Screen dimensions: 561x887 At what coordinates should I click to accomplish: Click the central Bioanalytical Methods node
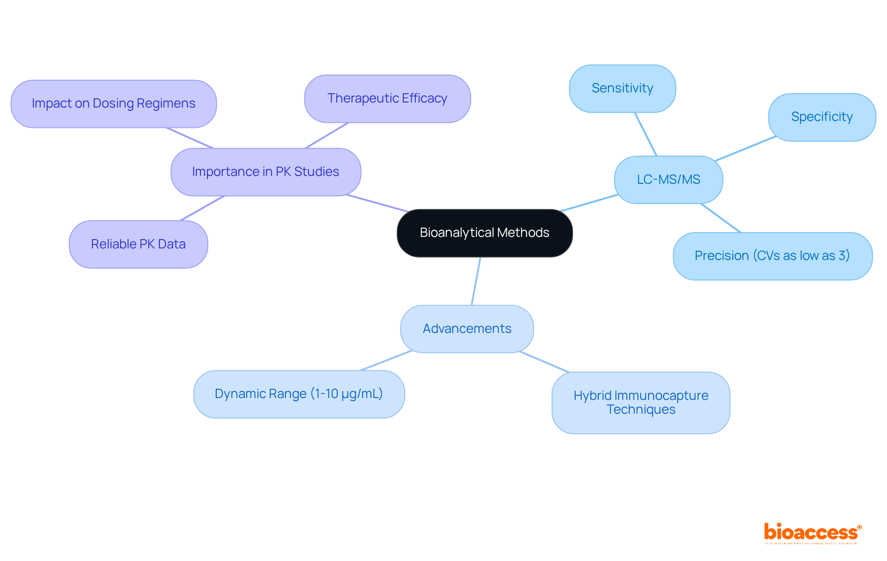click(485, 233)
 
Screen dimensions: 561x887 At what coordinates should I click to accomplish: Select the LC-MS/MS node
click(668, 180)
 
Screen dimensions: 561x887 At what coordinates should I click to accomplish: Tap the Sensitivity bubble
click(622, 88)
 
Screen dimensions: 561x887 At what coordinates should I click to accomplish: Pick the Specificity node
click(822, 117)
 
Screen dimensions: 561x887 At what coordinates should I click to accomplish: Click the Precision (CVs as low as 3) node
click(772, 256)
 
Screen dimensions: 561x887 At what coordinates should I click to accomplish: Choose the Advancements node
click(467, 329)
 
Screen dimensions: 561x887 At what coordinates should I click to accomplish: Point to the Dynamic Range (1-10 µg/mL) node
click(299, 394)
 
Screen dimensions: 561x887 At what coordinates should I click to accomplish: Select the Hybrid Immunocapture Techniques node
click(641, 403)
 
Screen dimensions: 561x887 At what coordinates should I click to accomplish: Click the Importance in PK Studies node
click(266, 172)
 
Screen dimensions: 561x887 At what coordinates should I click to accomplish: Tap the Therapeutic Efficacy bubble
click(387, 98)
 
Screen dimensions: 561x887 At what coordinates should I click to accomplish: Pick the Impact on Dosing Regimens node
click(114, 103)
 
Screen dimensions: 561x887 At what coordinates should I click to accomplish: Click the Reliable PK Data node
click(138, 244)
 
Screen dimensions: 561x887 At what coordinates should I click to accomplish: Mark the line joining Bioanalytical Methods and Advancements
click(476, 281)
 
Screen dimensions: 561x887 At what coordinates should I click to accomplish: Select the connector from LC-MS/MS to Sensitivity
click(645, 134)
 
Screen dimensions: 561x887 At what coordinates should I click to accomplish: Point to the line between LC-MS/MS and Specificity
click(745, 149)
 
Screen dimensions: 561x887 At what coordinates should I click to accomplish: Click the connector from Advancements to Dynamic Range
click(386, 361)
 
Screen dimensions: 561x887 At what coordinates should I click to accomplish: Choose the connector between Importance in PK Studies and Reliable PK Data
click(202, 208)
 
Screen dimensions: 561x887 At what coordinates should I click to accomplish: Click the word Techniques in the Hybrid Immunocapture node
click(641, 410)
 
